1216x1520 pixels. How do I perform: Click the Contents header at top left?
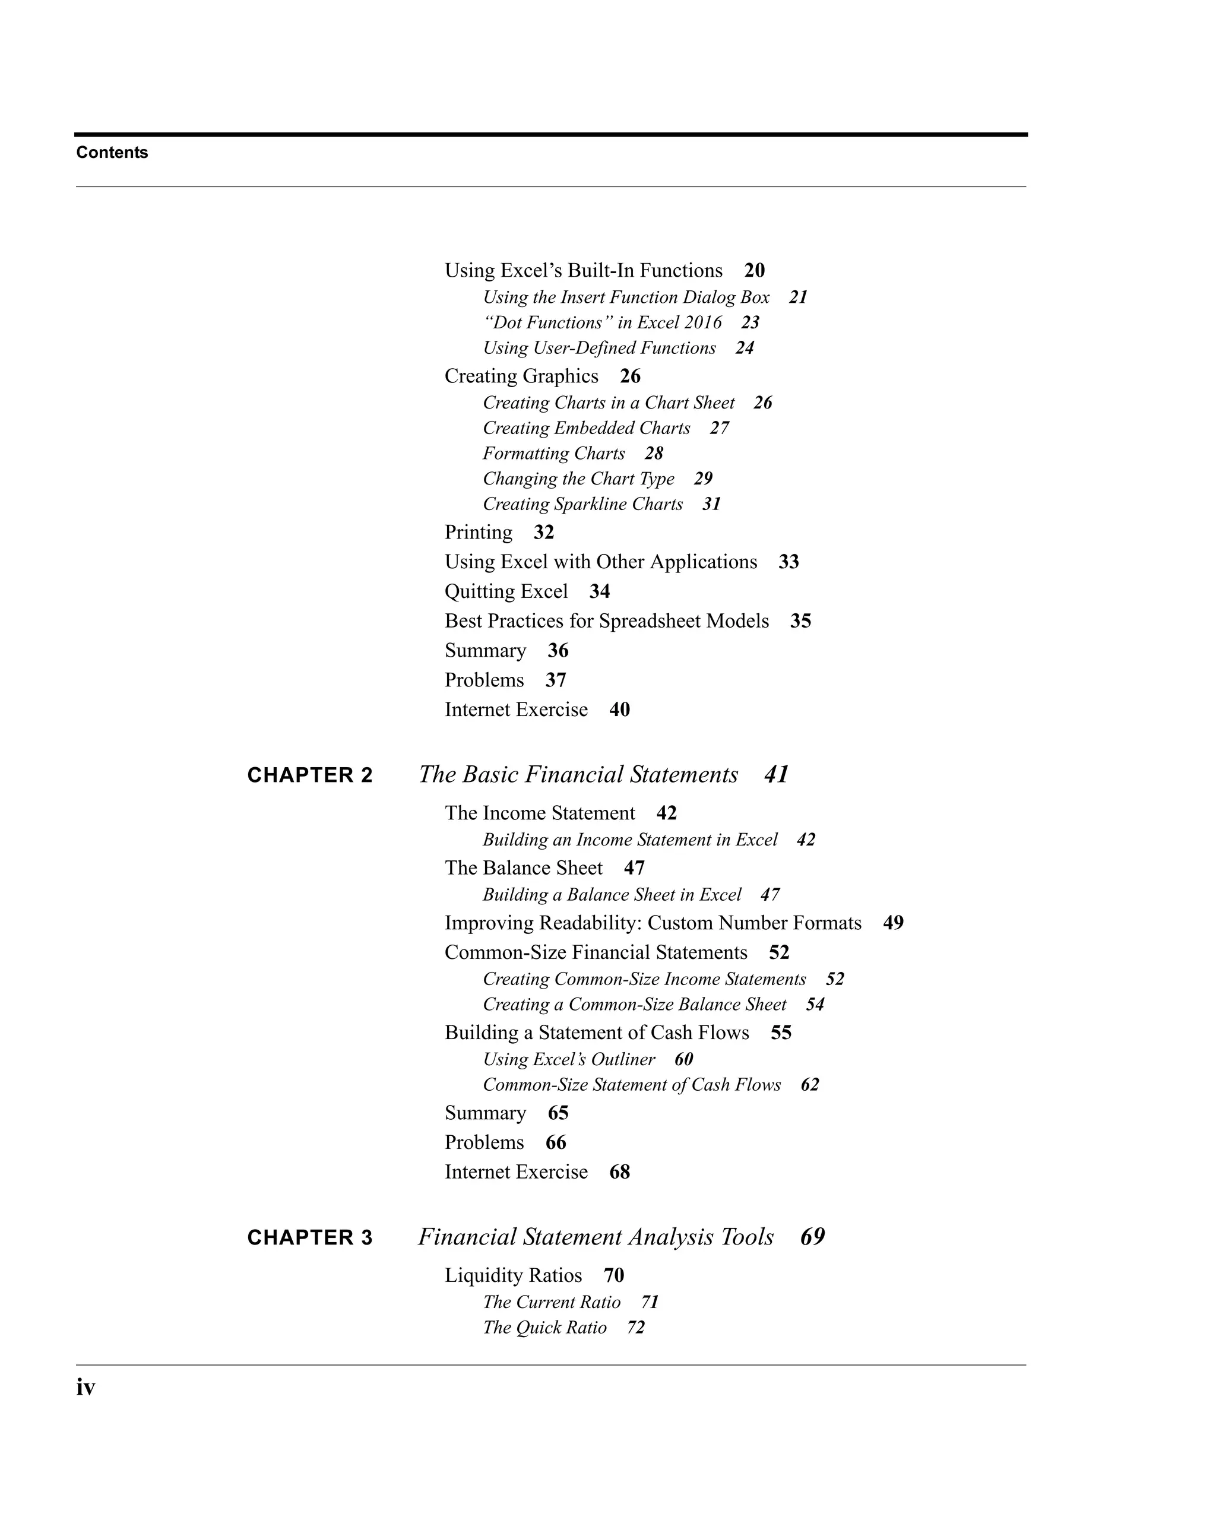point(112,152)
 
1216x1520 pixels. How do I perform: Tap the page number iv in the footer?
point(85,1388)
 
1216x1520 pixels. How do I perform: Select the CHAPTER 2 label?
point(309,775)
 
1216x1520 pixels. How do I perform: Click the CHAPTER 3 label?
point(309,1238)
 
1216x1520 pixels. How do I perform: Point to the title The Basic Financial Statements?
point(578,775)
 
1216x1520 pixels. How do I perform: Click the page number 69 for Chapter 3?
point(812,1237)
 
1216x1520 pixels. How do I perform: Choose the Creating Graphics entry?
point(521,376)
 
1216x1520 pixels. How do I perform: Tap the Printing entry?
point(478,532)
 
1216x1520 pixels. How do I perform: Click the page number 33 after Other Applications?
point(788,562)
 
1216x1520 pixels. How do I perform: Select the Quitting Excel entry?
point(506,591)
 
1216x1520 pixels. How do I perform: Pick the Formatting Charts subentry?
point(553,453)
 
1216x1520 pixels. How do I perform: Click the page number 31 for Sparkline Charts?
point(711,504)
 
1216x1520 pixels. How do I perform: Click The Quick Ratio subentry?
point(544,1328)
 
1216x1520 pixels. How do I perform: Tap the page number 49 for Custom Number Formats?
point(893,923)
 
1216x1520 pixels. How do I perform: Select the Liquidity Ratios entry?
point(513,1275)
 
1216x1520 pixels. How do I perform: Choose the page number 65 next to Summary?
point(558,1113)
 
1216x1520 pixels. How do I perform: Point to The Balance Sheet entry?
point(523,868)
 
